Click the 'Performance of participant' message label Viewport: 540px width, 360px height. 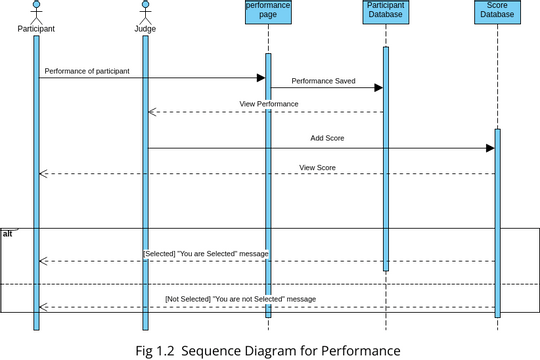(86, 71)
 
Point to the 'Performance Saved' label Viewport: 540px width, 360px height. (323, 80)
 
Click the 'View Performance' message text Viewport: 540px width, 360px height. (268, 104)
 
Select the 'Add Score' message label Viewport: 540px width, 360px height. (329, 139)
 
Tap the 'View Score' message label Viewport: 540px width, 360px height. (319, 166)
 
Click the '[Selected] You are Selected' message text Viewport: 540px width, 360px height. (206, 254)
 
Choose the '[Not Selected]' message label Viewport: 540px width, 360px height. (240, 299)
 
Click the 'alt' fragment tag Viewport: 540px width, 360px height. (8, 233)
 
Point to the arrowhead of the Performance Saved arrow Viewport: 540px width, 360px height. (378, 88)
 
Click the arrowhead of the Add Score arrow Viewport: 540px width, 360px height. (490, 148)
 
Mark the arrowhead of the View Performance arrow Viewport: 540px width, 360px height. (153, 112)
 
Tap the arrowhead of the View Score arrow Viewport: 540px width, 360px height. (43, 174)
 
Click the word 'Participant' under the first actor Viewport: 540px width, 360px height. (36, 29)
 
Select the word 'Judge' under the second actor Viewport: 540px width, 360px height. (145, 29)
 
